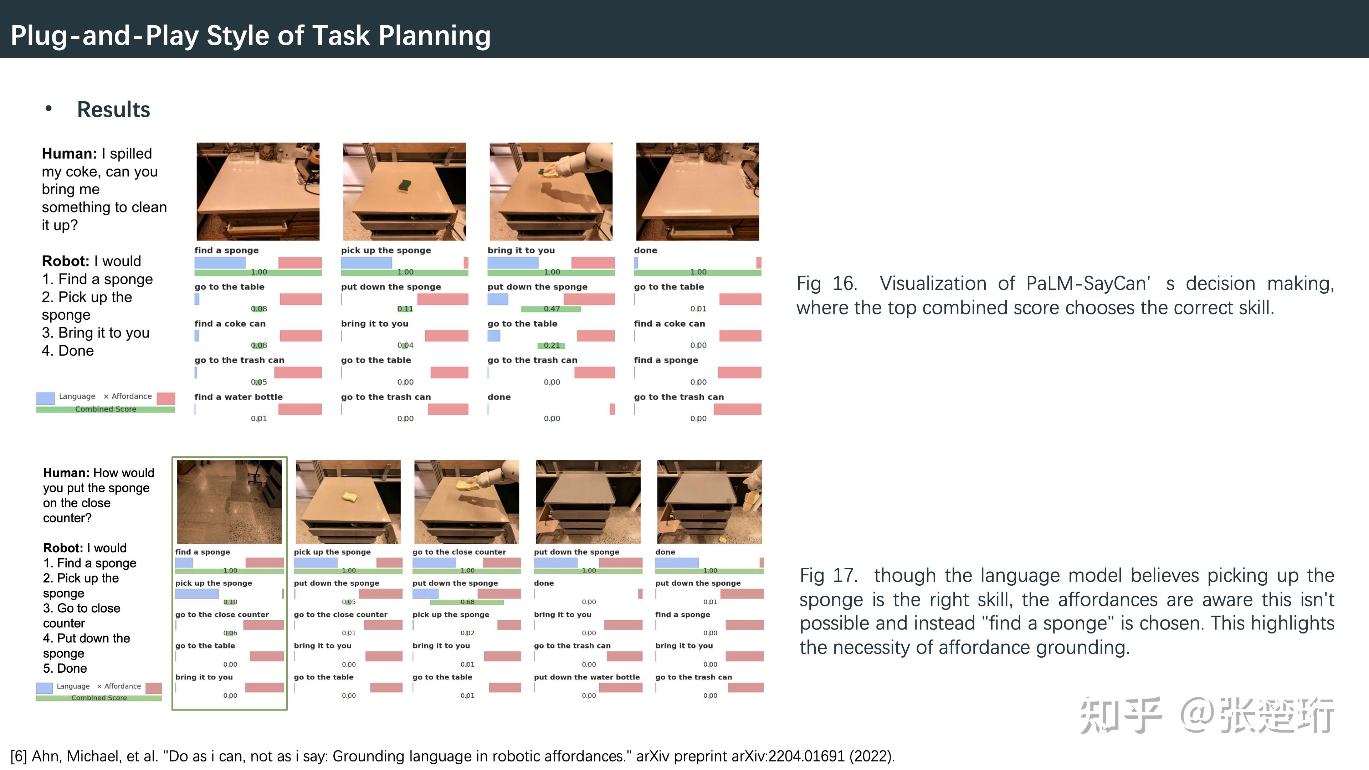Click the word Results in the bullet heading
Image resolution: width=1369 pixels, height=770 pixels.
pos(114,109)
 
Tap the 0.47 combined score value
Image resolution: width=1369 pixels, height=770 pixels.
pos(552,309)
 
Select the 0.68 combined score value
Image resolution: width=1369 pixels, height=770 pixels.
pos(467,602)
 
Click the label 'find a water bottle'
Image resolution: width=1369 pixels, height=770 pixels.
pos(239,397)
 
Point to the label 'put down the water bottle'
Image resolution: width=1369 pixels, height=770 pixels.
pos(587,677)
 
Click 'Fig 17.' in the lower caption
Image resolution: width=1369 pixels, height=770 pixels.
pos(829,575)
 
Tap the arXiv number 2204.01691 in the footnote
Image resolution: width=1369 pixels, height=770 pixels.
pos(806,756)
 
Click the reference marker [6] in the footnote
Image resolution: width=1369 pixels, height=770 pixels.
pos(19,756)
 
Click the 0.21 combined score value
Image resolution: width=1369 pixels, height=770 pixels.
pos(552,345)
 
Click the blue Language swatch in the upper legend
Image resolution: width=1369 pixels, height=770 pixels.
pos(45,398)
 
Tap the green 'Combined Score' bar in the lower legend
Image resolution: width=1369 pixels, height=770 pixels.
pos(99,698)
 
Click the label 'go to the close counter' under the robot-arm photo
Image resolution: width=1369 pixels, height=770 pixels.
pos(459,552)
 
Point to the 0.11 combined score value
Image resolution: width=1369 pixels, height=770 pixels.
pos(405,309)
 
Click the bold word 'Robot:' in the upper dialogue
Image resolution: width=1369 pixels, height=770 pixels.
pos(65,261)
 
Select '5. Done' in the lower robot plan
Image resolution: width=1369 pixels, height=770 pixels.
pos(65,668)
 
